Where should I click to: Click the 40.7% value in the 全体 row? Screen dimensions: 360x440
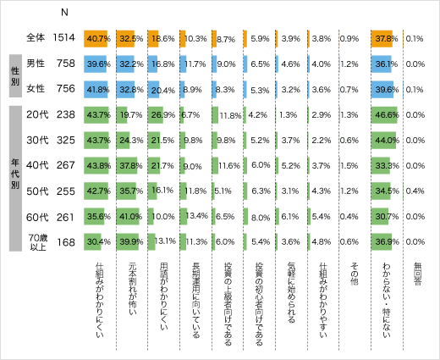pos(99,38)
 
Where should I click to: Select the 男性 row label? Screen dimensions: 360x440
pos(36,64)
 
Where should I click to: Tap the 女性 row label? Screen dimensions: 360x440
pos(36,89)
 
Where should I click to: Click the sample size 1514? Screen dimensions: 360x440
pos(65,38)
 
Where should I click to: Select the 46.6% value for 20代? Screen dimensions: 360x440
pos(386,114)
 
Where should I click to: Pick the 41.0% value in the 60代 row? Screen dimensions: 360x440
pos(129,216)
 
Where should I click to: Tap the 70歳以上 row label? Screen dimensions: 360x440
pos(36,241)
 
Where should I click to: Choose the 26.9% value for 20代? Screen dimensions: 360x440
pos(161,114)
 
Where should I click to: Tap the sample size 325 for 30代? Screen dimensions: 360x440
pos(65,140)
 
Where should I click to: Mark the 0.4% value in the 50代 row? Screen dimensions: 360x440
pos(415,191)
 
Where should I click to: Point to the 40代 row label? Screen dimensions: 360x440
pos(36,165)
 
